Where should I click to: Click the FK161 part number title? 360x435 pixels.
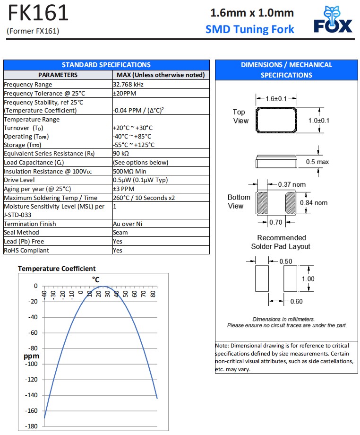[x=38, y=13]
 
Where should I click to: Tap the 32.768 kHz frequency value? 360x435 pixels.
[x=128, y=84]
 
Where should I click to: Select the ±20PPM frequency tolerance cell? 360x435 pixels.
[x=125, y=93]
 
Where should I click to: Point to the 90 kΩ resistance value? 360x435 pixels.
[x=121, y=154]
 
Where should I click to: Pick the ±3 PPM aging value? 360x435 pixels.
[x=124, y=189]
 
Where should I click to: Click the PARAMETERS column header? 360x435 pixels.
[x=58, y=75]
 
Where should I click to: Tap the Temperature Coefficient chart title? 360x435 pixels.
[x=57, y=269]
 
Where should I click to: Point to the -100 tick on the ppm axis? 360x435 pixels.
[x=32, y=364]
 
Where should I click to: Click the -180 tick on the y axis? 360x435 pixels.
[x=32, y=426]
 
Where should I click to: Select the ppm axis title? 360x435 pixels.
[x=31, y=356]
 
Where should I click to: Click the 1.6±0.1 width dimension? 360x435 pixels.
[x=276, y=99]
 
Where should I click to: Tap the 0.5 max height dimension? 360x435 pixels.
[x=317, y=162]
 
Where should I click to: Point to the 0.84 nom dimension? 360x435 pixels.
[x=314, y=203]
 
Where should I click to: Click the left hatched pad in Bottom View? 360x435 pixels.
[x=262, y=203]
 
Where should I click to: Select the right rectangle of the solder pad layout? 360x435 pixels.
[x=291, y=278]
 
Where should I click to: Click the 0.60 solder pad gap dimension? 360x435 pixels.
[x=296, y=302]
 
